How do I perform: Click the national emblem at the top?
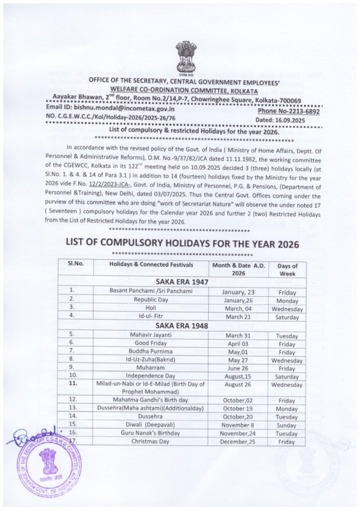[x=185, y=56]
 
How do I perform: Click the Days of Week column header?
[x=287, y=269]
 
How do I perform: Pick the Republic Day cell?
[x=150, y=299]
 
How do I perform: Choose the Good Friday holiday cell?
[x=150, y=343]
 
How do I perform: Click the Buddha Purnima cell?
[x=150, y=352]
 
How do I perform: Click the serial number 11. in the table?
[x=73, y=384]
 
